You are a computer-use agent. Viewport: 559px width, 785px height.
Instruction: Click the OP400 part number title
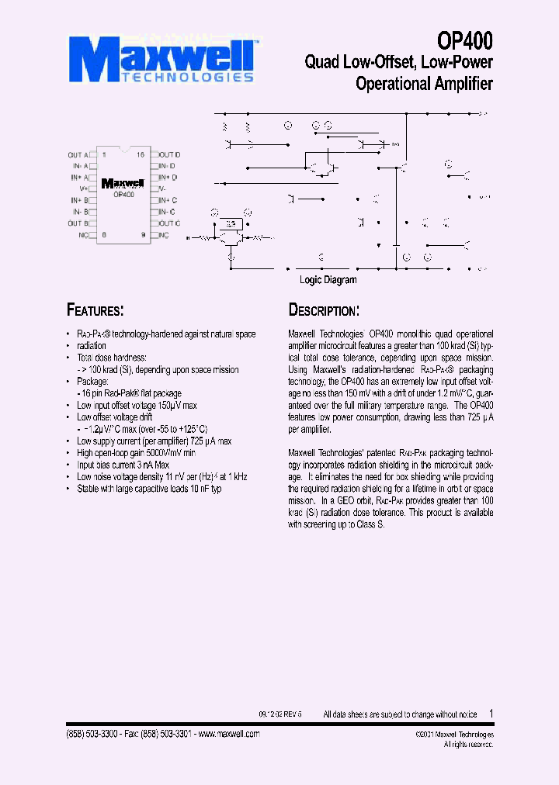pyautogui.click(x=464, y=40)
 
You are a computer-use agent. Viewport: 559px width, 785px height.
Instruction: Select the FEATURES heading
pyautogui.click(x=95, y=310)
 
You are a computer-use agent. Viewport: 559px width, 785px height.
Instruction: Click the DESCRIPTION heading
pyautogui.click(x=324, y=310)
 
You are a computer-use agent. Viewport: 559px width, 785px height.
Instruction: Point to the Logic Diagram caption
pyautogui.click(x=328, y=280)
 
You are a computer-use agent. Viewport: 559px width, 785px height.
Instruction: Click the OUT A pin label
pyautogui.click(x=78, y=155)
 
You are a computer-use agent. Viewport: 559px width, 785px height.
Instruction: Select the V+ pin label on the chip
pyautogui.click(x=84, y=188)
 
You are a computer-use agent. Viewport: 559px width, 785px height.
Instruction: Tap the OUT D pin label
pyautogui.click(x=170, y=155)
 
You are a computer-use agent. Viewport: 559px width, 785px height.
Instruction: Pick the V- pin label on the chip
pyautogui.click(x=163, y=188)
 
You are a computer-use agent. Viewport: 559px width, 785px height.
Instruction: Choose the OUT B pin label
pyautogui.click(x=78, y=223)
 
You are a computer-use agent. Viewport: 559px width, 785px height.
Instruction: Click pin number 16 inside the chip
pyautogui.click(x=141, y=155)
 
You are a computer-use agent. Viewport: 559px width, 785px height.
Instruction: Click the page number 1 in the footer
pyautogui.click(x=491, y=714)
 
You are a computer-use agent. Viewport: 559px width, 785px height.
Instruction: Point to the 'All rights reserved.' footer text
pyautogui.click(x=468, y=744)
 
